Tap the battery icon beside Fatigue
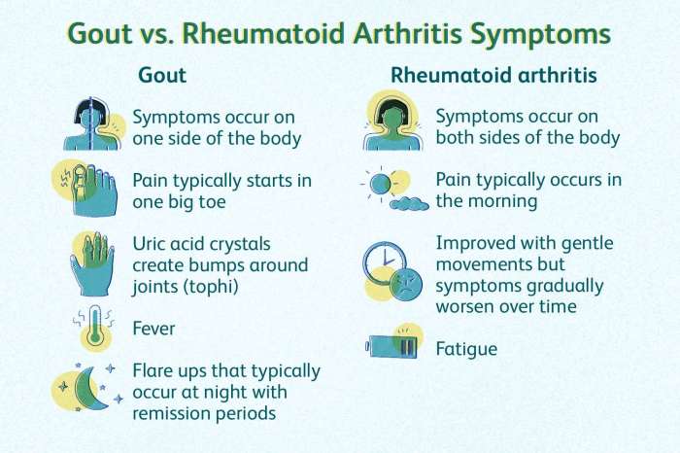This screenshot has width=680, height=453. click(x=393, y=346)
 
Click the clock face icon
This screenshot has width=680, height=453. click(x=383, y=261)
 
